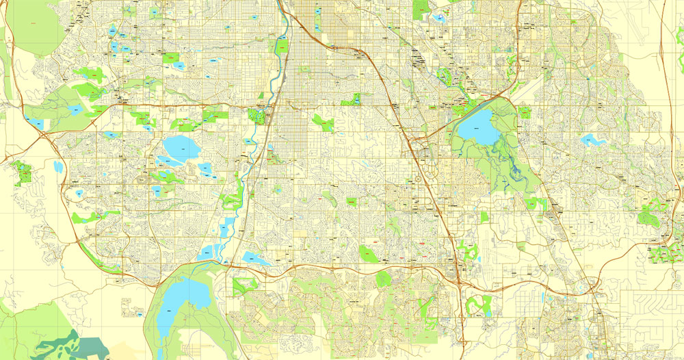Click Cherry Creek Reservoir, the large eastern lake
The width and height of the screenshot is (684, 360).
point(477,127)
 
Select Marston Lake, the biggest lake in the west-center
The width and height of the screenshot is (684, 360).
point(178,146)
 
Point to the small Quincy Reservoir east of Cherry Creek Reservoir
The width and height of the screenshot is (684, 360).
point(592,140)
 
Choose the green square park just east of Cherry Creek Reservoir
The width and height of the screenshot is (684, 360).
point(525,112)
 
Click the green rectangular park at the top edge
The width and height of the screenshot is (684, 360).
point(421,9)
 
